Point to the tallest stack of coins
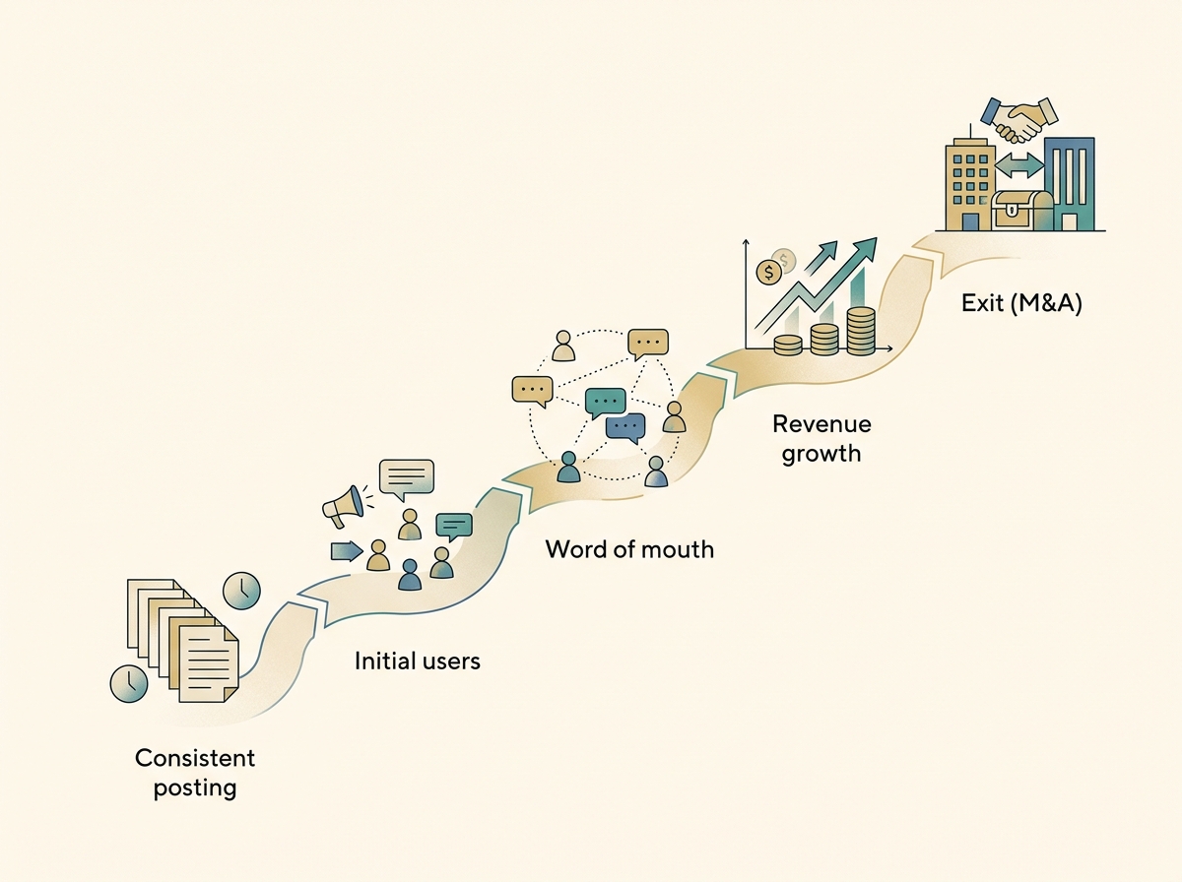point(860,330)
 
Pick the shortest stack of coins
point(788,344)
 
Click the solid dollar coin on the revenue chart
point(766,272)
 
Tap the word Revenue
point(821,424)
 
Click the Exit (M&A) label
point(1021,303)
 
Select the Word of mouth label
point(629,548)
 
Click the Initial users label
point(418,660)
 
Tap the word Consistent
point(195,758)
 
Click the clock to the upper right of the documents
point(241,591)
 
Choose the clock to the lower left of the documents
point(129,682)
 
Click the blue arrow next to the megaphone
point(346,550)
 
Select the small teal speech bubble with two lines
point(454,525)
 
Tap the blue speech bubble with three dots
point(624,426)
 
